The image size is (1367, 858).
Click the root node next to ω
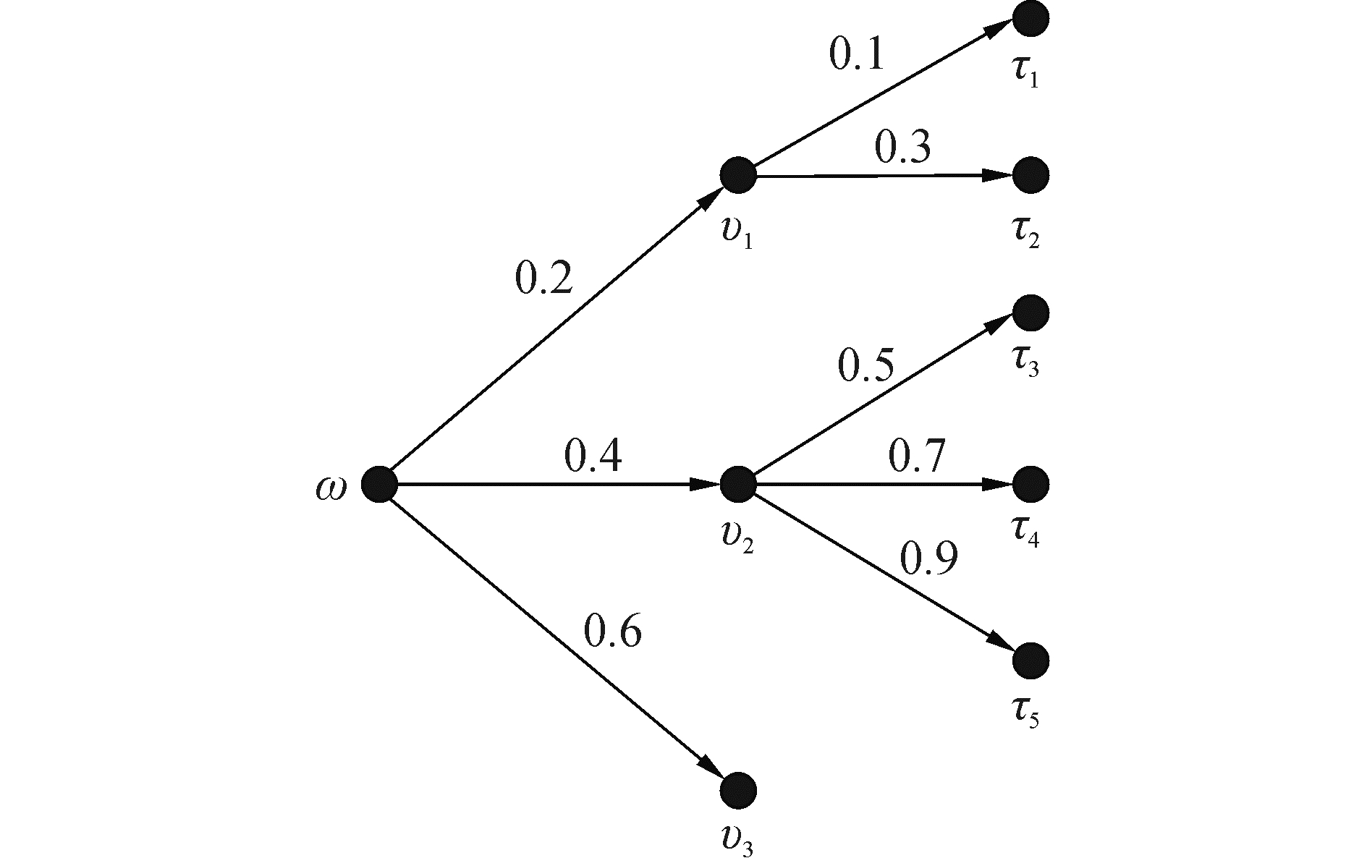click(x=379, y=484)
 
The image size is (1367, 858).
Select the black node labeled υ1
click(x=737, y=175)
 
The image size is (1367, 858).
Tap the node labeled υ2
click(x=737, y=483)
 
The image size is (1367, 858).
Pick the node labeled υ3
click(x=737, y=789)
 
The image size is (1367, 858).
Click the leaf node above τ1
click(x=1030, y=19)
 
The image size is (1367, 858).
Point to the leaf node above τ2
click(x=1030, y=174)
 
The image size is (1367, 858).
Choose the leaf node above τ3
click(x=1030, y=313)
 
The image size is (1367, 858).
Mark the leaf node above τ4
click(x=1030, y=483)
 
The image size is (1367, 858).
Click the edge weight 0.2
click(x=543, y=279)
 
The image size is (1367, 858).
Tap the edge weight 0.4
click(x=593, y=456)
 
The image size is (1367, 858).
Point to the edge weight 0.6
click(x=612, y=631)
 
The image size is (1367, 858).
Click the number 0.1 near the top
click(x=857, y=55)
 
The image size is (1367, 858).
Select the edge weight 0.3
click(x=902, y=148)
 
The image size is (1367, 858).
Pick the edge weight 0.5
click(x=866, y=366)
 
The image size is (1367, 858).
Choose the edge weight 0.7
click(x=917, y=456)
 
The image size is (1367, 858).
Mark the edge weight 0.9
click(x=928, y=558)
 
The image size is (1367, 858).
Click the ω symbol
click(x=331, y=488)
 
